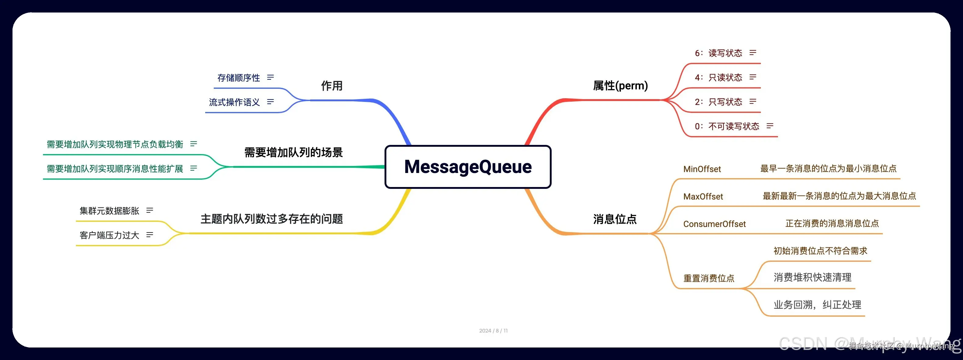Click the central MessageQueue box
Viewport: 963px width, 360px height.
point(468,167)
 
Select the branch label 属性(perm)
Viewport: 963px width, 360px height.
point(620,86)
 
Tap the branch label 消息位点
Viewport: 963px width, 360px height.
point(614,219)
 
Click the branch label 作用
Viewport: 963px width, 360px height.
point(331,86)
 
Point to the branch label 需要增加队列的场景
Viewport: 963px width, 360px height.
point(293,153)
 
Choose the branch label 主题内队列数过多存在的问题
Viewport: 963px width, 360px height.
point(272,219)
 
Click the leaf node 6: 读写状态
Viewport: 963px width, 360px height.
point(718,53)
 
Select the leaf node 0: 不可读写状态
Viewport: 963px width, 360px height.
point(727,126)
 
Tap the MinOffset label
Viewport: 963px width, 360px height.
point(702,169)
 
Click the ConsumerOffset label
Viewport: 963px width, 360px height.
point(714,224)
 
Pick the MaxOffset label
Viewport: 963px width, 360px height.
point(703,197)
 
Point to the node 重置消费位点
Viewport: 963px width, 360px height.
point(708,278)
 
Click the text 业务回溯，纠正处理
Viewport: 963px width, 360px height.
point(817,305)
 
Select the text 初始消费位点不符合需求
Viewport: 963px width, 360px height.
point(820,251)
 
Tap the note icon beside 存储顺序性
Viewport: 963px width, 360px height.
point(270,77)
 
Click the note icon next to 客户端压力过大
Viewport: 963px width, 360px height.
point(149,235)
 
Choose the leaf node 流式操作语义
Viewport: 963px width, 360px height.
point(234,102)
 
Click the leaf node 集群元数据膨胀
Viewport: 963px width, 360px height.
point(109,211)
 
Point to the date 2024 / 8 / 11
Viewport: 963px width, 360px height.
point(493,330)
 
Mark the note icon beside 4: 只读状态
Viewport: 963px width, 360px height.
point(753,77)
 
